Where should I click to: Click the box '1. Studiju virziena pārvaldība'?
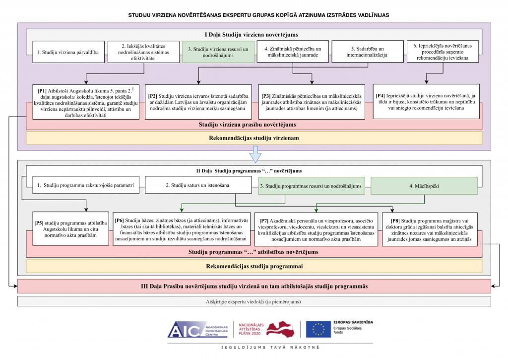pos(68,52)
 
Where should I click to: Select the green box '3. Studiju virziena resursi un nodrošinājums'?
pos(218,52)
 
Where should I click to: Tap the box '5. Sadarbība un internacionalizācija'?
pos(368,52)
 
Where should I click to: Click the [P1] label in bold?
pos(42,91)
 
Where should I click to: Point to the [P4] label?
pos(381,96)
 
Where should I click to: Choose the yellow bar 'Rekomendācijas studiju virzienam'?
pos(254,138)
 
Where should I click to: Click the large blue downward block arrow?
pos(255,154)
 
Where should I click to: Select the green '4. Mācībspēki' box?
pos(424,186)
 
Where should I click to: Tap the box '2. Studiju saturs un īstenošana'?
pos(198,185)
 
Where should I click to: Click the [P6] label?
pos(119,220)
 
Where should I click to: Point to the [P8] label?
pos(395,221)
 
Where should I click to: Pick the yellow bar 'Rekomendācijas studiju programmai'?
pos(254,266)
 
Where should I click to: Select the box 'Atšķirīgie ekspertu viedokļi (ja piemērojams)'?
pos(254,301)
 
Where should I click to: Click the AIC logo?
pos(198,330)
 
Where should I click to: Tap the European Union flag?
pos(318,329)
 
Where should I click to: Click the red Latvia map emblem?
pos(281,329)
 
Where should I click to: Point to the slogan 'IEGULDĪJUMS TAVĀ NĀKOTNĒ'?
pos(270,348)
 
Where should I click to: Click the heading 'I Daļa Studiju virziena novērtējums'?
pos(252,35)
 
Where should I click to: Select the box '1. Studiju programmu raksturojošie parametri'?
pos(86,185)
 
